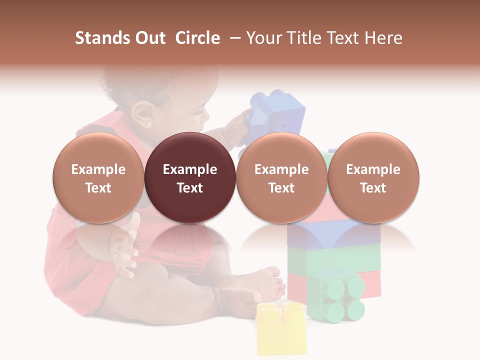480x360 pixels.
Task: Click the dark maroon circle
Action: pos(190,177)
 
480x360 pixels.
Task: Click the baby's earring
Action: pos(149,123)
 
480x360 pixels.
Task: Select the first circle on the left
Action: pos(98,177)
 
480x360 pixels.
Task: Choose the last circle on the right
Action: pos(373,177)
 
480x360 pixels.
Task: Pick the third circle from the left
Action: pos(281,177)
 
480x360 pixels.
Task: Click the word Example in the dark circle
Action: pos(190,169)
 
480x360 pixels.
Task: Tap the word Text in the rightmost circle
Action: pos(373,188)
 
